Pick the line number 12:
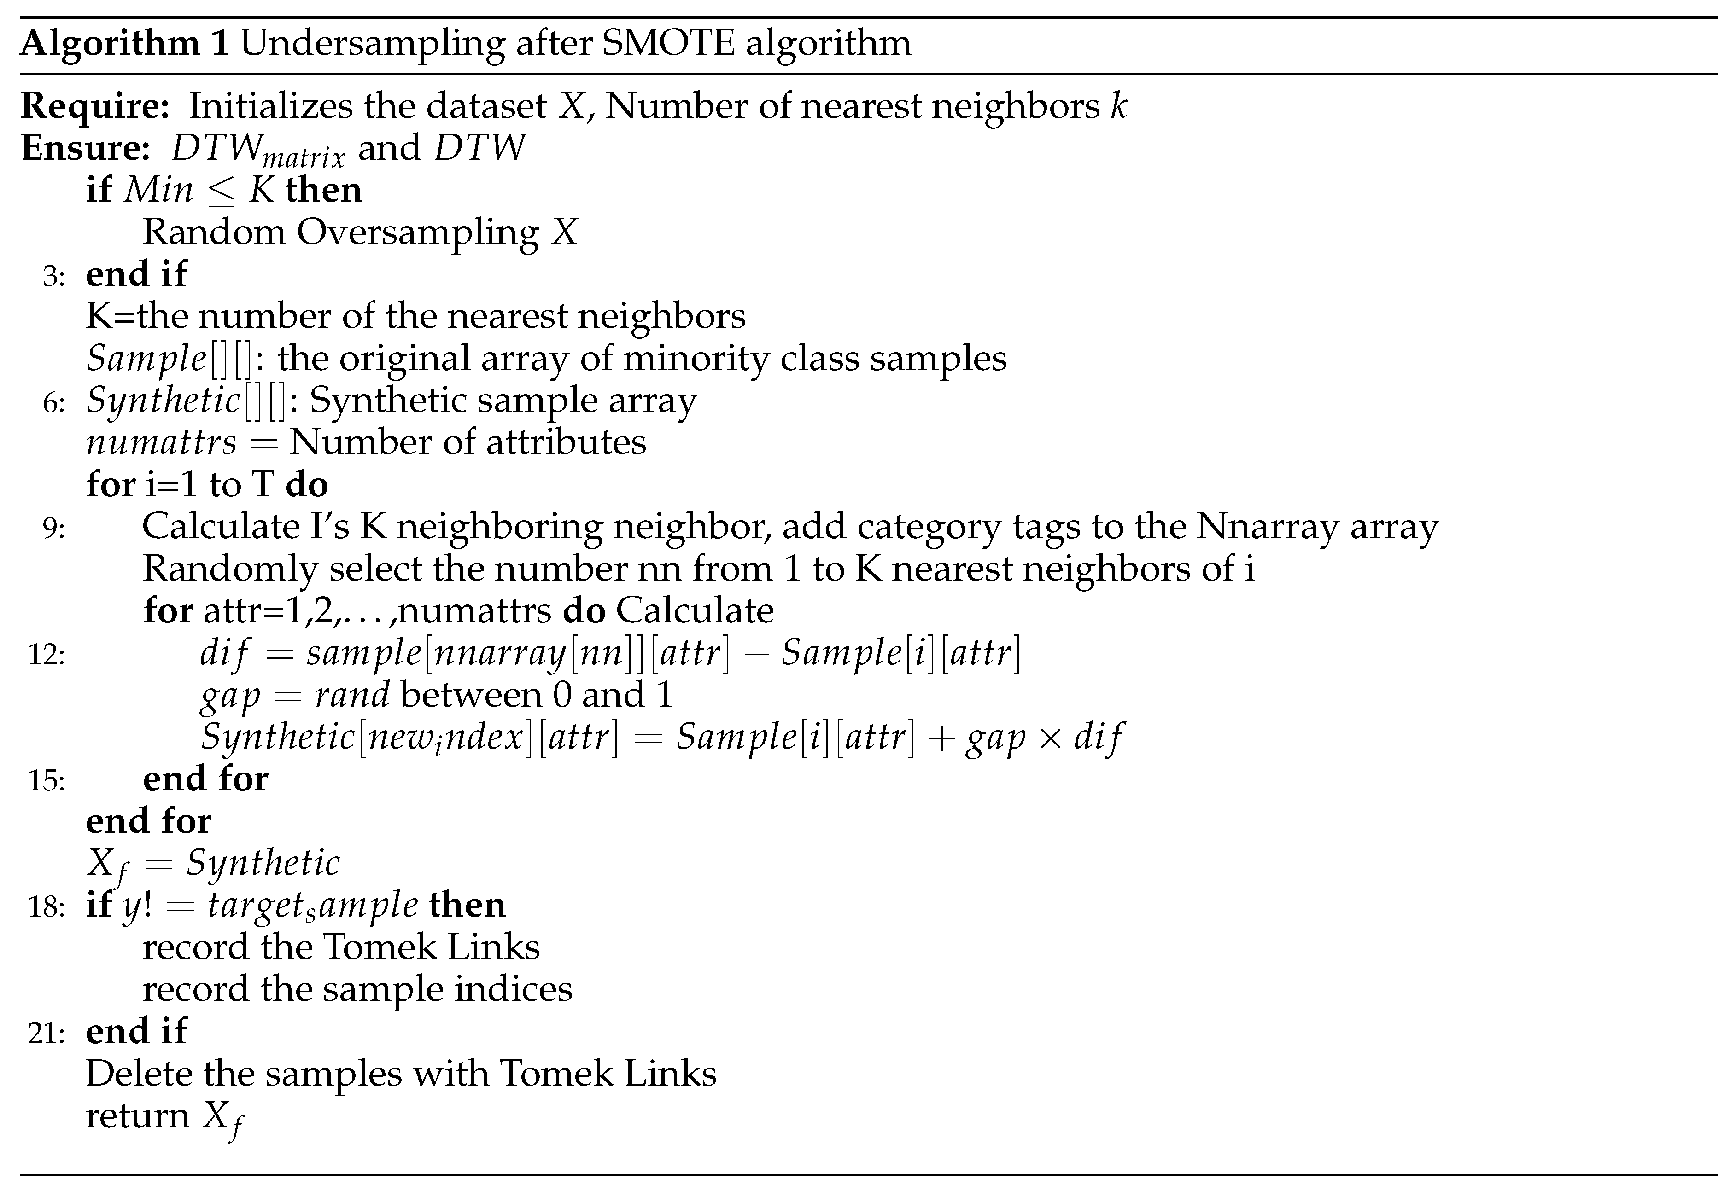coord(47,655)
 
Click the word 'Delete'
coord(138,1074)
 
